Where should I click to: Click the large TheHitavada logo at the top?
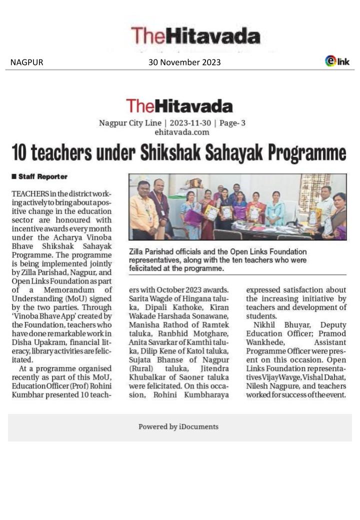[x=195, y=36]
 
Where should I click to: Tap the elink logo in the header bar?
[x=337, y=61]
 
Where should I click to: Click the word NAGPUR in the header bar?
[x=26, y=62]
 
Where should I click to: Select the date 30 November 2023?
[x=184, y=62]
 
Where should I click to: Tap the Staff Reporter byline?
[x=42, y=177]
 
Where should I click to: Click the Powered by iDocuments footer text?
[x=178, y=426]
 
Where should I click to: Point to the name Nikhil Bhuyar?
[x=274, y=326]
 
